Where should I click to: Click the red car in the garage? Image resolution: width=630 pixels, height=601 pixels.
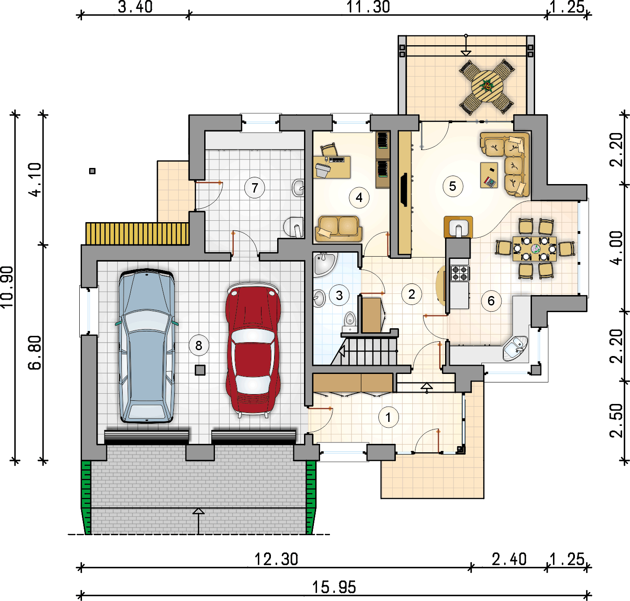tap(253, 350)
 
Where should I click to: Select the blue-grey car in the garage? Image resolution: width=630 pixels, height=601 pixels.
tap(147, 346)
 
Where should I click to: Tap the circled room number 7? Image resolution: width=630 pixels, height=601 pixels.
tap(254, 188)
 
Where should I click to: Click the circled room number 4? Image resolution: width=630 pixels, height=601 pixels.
tap(359, 198)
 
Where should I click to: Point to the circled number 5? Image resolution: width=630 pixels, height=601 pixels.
tap(453, 186)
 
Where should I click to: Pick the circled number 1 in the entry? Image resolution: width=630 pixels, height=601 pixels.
tap(388, 417)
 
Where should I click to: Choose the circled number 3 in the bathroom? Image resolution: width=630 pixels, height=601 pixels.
tap(339, 295)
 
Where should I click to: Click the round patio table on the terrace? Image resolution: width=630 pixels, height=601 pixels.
tap(487, 86)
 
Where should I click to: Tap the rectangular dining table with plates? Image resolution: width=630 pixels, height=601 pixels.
tap(535, 249)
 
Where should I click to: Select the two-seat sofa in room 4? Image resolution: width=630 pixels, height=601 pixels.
tap(339, 228)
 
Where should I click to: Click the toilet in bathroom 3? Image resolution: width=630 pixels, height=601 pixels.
tap(350, 322)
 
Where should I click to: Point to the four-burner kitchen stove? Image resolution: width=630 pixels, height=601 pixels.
tap(460, 273)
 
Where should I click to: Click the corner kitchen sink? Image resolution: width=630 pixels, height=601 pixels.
tap(515, 348)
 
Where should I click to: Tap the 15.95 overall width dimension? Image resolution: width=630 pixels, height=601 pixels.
tap(334, 587)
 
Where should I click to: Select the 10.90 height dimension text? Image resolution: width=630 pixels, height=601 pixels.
tap(7, 287)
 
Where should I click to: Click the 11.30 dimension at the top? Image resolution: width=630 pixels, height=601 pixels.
tap(368, 7)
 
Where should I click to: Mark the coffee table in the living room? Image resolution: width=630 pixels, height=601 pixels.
tap(489, 175)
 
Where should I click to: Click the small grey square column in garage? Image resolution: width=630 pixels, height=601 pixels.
tap(200, 370)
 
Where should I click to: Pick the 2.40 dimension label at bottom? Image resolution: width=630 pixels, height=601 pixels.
tap(509, 559)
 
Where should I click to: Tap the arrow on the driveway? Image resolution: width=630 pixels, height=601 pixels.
tap(198, 521)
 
